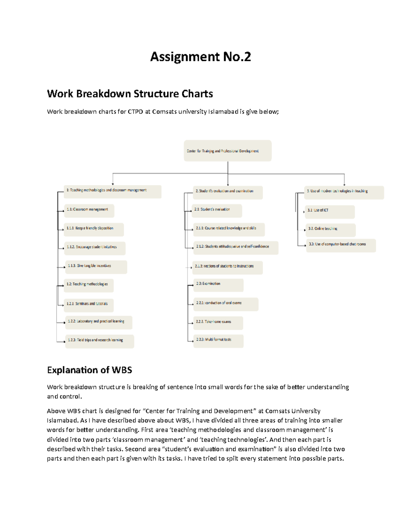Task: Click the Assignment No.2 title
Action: click(200, 57)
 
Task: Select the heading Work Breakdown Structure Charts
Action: click(130, 94)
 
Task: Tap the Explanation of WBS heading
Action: click(89, 370)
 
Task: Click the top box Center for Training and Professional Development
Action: click(227, 151)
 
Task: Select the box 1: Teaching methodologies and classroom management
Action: click(112, 191)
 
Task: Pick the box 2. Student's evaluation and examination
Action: click(228, 192)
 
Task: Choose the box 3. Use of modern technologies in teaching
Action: click(344, 192)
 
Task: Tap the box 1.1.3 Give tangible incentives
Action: click(96, 267)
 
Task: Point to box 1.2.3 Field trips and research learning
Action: click(99, 341)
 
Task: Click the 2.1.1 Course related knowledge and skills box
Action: click(229, 229)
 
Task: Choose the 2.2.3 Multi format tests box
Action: click(218, 341)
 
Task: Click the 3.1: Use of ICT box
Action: click(330, 211)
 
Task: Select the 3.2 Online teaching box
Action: click(331, 230)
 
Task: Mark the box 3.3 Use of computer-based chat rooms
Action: click(341, 245)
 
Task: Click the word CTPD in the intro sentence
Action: click(135, 112)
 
